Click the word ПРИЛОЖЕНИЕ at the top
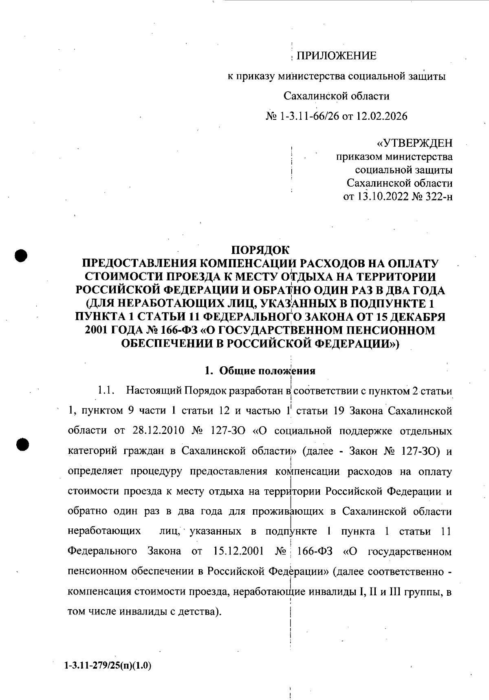pyautogui.click(x=336, y=56)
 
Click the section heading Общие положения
pyautogui.click(x=267, y=371)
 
